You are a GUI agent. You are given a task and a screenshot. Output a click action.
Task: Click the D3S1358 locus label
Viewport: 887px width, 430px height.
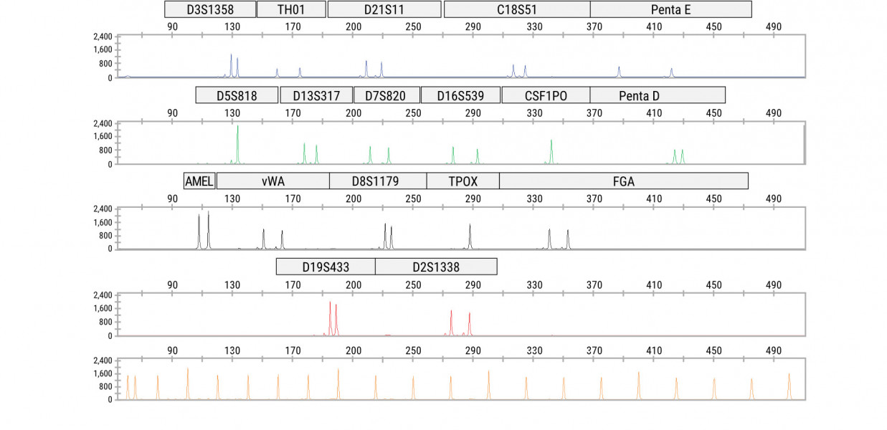pos(210,9)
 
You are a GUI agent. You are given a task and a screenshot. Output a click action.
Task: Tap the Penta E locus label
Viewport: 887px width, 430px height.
pos(670,9)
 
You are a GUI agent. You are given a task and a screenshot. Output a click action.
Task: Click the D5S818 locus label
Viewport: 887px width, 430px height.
pos(237,95)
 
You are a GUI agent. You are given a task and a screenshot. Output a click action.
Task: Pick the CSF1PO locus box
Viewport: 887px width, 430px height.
pos(546,95)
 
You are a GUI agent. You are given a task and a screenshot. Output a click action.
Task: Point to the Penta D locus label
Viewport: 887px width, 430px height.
pos(657,95)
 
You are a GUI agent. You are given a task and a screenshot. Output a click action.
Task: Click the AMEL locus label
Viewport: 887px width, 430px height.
pos(199,181)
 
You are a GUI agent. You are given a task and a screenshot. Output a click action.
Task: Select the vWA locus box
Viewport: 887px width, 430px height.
pos(272,181)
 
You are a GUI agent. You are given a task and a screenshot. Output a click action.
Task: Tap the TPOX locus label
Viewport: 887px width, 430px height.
pos(463,181)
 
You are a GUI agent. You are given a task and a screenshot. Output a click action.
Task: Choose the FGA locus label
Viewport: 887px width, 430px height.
pos(623,181)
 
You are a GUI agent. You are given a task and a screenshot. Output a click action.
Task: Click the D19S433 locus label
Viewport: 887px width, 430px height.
pos(326,267)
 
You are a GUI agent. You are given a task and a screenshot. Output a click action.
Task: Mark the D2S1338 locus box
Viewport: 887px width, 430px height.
pos(436,267)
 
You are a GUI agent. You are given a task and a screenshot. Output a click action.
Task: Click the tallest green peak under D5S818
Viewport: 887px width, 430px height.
pos(237,129)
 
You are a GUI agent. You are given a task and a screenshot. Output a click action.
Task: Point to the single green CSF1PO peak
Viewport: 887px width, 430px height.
pos(551,142)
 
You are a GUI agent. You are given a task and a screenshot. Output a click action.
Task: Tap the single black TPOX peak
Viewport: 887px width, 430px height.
pos(470,226)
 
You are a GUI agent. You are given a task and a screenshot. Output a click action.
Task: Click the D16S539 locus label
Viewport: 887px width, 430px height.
pos(460,95)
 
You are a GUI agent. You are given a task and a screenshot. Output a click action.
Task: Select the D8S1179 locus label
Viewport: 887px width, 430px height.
pos(378,181)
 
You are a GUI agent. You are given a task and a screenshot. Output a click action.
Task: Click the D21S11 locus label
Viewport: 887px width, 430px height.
pos(384,9)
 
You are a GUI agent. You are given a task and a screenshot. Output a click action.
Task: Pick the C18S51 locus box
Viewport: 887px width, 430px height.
pos(517,9)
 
